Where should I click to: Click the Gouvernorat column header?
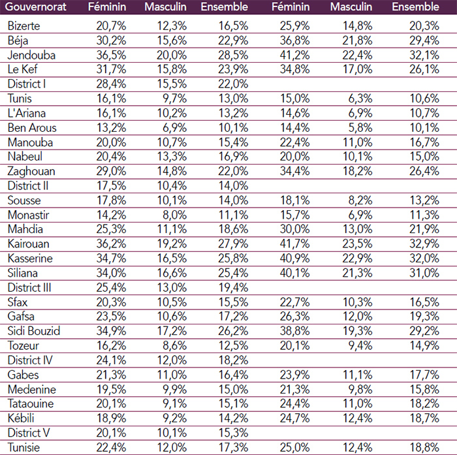(x=38, y=7)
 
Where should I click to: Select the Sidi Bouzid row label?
(x=34, y=331)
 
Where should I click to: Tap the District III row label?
(x=29, y=287)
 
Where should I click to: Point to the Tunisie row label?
(x=24, y=447)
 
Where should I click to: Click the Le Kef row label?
(x=24, y=69)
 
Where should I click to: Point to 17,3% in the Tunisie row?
(x=233, y=447)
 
